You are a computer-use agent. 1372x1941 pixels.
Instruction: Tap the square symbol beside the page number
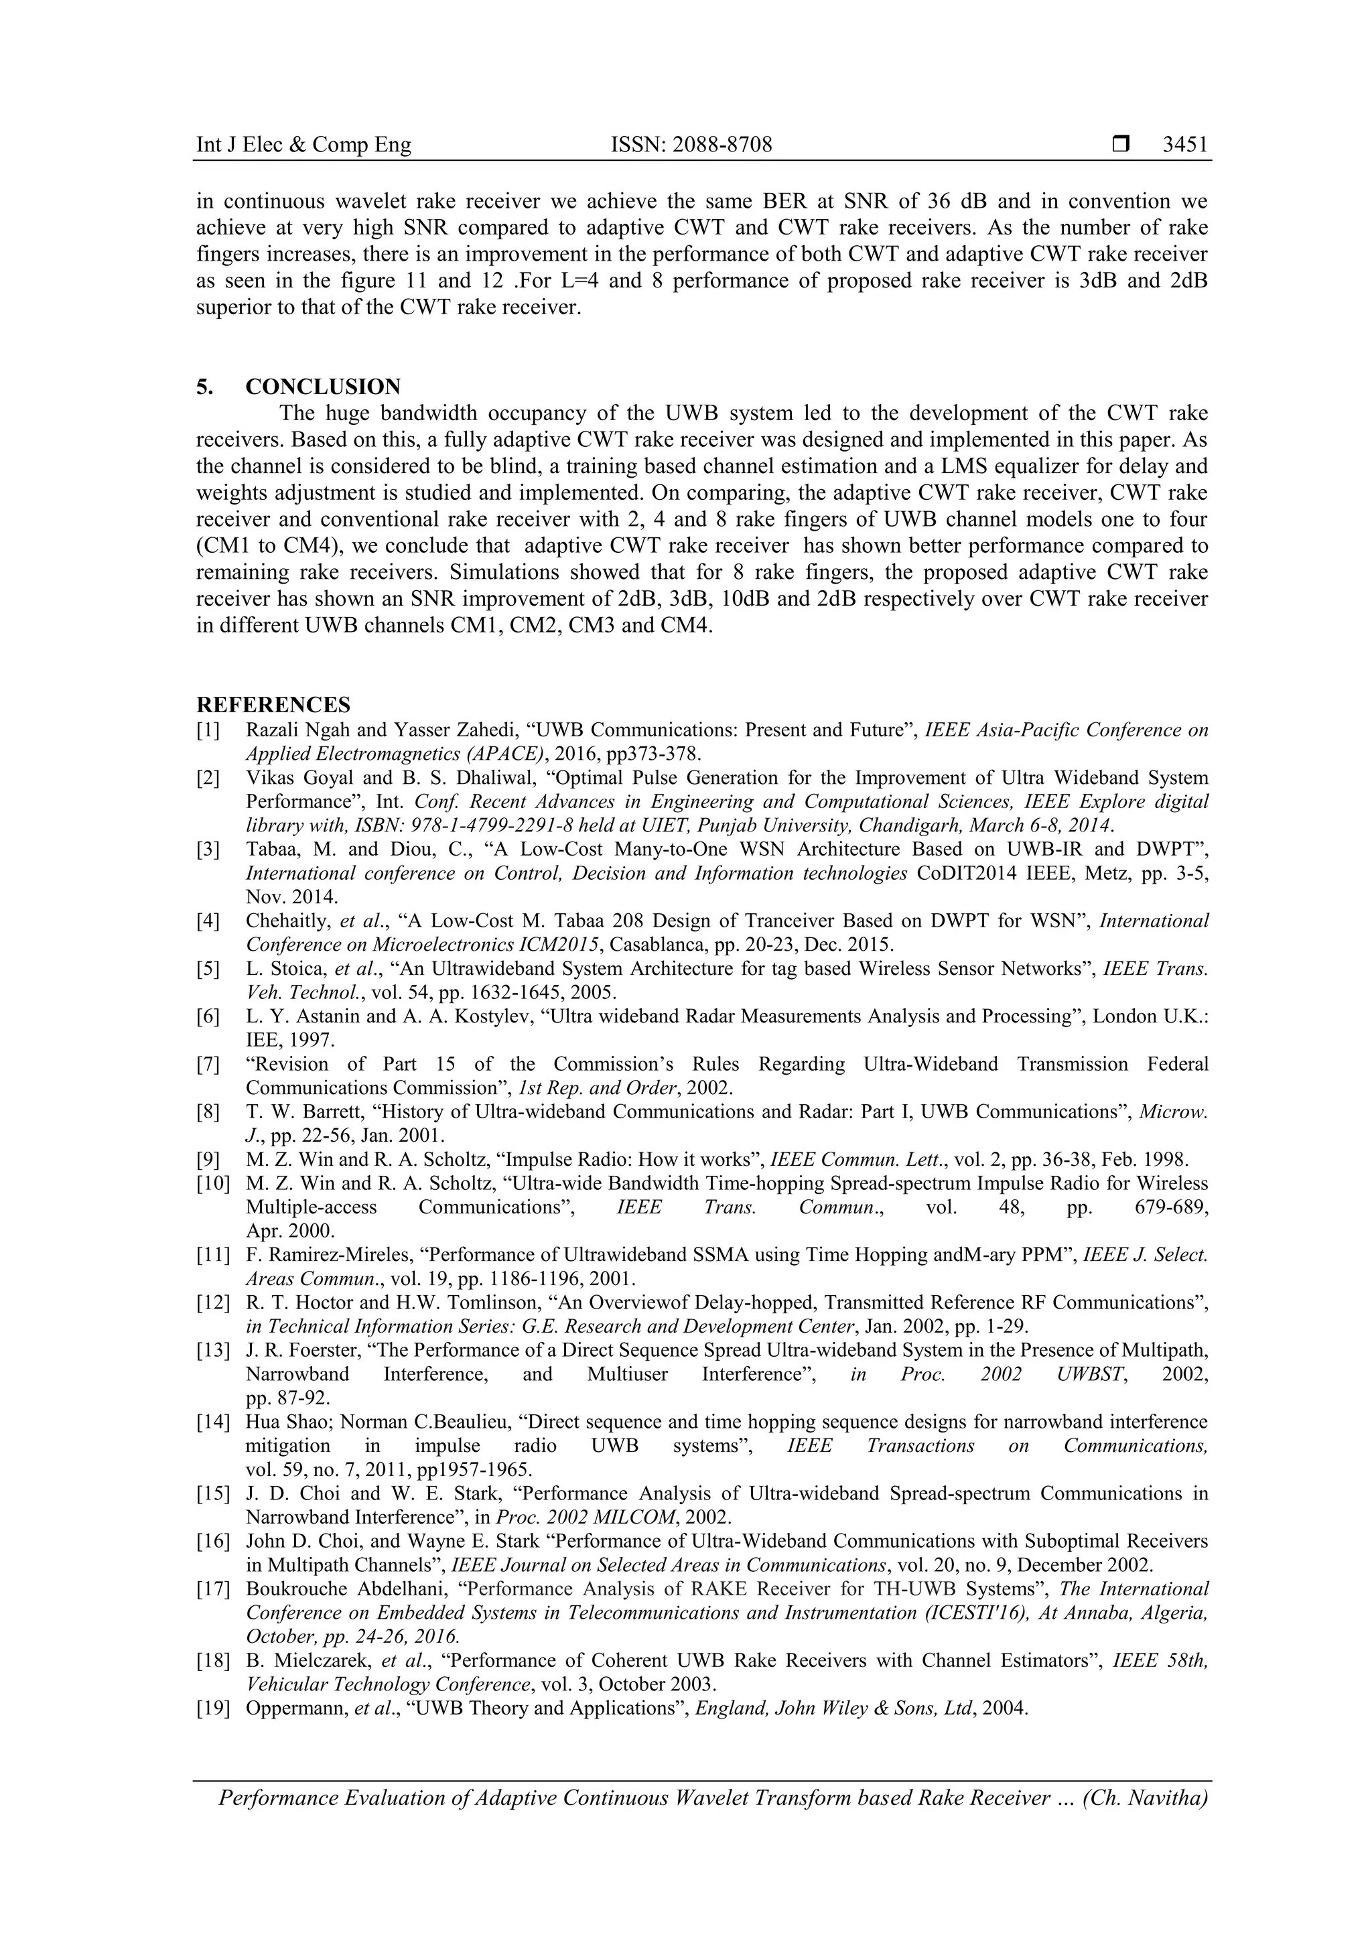point(1121,145)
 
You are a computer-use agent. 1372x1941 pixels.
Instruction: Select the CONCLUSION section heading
point(322,387)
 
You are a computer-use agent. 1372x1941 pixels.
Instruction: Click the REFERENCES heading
point(273,705)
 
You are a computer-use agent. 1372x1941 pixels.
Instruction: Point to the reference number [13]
point(212,1350)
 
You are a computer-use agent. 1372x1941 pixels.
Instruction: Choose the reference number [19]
point(212,1709)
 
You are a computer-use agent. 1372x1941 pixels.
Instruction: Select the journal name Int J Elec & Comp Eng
point(303,145)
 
